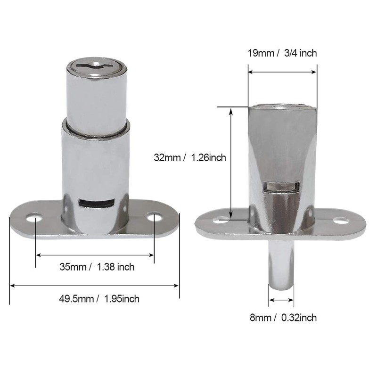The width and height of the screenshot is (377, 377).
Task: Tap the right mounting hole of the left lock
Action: pos(153,217)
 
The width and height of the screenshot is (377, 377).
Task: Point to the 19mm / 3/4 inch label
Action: pos(282,53)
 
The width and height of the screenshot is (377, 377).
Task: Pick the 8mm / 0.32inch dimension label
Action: pos(283,318)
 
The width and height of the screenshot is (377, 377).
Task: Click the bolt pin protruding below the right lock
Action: pos(281,264)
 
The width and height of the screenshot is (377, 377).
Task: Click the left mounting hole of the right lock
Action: pos(221,220)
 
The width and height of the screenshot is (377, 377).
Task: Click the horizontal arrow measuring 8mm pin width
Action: pos(281,300)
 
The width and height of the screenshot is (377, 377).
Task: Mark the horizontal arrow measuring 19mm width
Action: pos(282,72)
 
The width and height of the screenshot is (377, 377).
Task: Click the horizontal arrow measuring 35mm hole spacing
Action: pos(95,255)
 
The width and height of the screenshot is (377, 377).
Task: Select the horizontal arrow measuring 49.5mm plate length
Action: pos(94,285)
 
